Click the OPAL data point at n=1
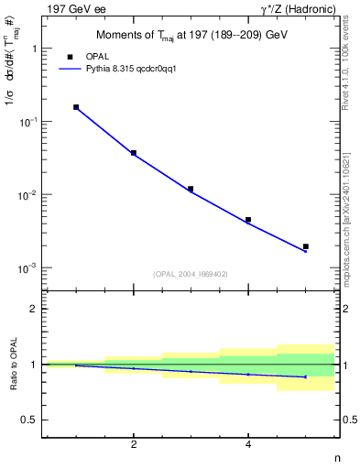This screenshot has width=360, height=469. (x=76, y=107)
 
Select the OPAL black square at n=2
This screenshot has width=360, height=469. (x=134, y=153)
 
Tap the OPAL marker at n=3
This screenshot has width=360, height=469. (x=191, y=189)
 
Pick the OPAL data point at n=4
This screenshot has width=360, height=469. (x=248, y=220)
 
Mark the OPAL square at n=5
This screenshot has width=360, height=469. (x=306, y=246)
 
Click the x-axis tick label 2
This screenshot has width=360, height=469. (x=134, y=444)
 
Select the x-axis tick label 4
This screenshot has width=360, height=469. (x=248, y=444)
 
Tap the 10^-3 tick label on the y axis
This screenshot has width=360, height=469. (x=27, y=268)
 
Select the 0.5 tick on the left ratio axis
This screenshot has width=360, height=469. (x=30, y=420)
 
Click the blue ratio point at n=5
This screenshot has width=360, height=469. (x=306, y=376)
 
